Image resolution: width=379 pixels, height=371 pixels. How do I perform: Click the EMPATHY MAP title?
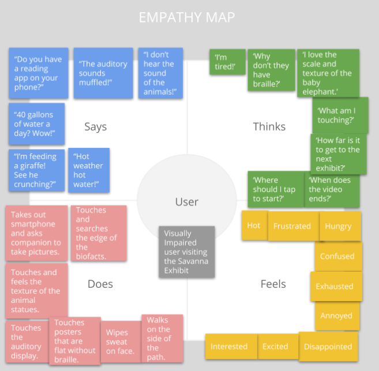[x=186, y=18]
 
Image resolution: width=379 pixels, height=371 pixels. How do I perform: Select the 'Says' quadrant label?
[x=95, y=127]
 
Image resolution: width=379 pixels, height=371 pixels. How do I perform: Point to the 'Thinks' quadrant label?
[x=269, y=127]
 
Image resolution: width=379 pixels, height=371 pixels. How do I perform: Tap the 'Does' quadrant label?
[x=100, y=284]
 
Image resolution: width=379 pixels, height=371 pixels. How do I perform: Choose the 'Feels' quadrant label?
[x=273, y=284]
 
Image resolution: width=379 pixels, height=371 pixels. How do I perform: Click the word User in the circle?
[x=186, y=202]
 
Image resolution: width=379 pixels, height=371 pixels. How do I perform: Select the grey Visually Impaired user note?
[x=186, y=252]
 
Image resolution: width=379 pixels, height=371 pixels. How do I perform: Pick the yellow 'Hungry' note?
[x=338, y=226]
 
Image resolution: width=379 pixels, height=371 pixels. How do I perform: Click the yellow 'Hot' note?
[x=254, y=225]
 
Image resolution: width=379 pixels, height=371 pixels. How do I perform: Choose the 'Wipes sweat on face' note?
[x=120, y=342]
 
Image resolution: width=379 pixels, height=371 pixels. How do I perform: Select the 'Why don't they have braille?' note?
[x=271, y=70]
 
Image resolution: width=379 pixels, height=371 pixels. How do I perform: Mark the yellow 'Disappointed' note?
[x=328, y=347]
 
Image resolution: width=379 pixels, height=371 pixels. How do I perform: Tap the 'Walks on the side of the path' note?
[x=162, y=337]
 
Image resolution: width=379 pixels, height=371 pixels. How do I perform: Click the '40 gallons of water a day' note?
[x=36, y=124]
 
